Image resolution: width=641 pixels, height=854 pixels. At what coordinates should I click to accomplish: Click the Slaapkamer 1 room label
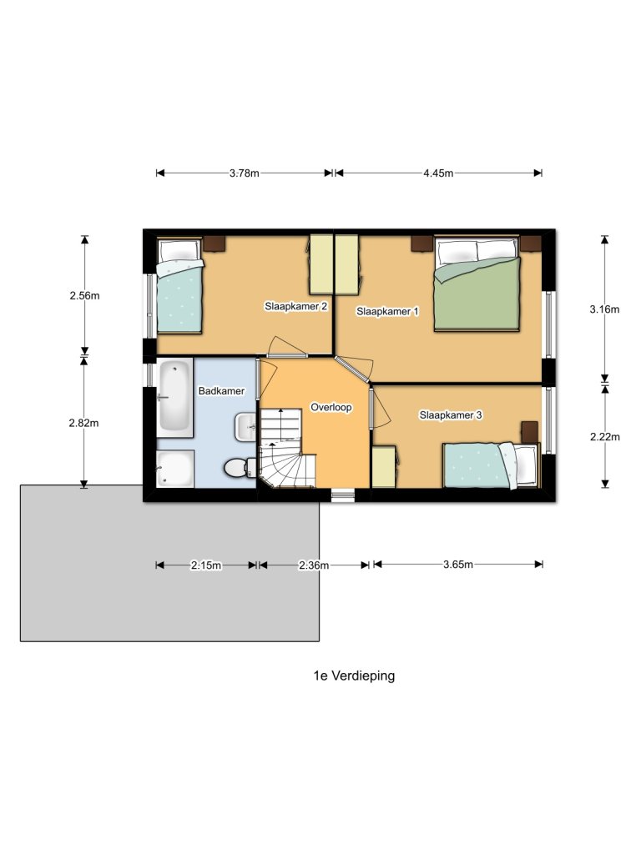coord(388,311)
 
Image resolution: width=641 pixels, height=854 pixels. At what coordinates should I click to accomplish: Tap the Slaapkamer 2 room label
coord(295,306)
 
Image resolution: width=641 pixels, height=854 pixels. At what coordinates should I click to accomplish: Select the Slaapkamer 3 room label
coord(451,414)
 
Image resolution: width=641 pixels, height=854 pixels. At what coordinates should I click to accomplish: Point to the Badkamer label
coord(221,390)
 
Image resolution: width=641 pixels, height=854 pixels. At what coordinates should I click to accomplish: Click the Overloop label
coord(331,408)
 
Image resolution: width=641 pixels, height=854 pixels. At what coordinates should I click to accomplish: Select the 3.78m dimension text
coord(244,173)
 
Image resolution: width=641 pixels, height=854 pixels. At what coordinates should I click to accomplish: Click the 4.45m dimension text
coord(437,173)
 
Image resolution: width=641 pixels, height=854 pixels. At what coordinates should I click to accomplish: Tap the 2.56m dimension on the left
coord(84,295)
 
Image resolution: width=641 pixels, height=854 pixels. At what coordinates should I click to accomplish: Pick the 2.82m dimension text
coord(84,423)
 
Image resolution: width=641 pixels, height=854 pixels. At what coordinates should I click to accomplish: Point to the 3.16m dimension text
coord(604,309)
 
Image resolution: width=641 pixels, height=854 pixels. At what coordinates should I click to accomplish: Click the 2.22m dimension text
coord(604,435)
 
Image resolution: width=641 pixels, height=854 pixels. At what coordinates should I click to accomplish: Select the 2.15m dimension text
coord(205,565)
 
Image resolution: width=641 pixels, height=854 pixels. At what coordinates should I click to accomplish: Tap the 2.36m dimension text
coord(314,565)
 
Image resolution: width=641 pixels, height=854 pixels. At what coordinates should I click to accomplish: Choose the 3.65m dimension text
coord(458,565)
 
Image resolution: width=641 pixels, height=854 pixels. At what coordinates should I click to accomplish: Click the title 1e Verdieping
coord(349,676)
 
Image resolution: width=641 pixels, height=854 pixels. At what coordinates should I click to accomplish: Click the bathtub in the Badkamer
coord(175,395)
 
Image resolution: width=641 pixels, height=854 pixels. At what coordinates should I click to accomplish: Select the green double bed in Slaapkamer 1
coord(477,284)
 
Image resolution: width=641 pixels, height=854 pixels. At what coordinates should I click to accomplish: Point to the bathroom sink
coord(247,428)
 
